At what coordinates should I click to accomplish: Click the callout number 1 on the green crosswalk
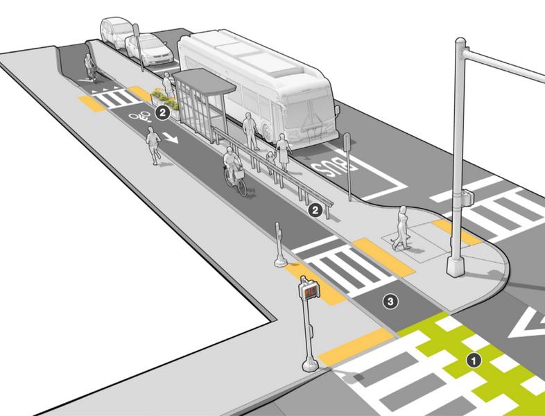474,360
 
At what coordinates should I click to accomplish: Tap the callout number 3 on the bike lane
391,301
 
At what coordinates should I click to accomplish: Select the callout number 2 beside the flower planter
164,111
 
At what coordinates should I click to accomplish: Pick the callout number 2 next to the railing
315,209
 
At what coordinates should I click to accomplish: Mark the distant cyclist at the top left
90,64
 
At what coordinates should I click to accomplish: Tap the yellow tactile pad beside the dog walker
455,232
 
